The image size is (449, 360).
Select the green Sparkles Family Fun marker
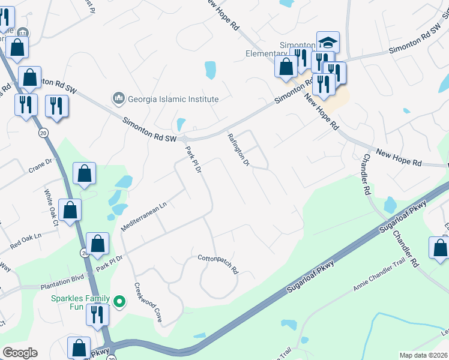click(119, 301)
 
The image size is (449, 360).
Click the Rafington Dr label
click(238, 150)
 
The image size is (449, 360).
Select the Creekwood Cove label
click(148, 303)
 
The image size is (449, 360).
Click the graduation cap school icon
click(328, 42)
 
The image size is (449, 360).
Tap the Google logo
click(20, 353)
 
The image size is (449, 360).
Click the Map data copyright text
click(424, 355)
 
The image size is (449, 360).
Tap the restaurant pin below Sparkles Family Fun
click(96, 314)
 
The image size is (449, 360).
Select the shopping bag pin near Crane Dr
click(85, 173)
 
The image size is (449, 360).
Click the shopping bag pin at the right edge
click(439, 248)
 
